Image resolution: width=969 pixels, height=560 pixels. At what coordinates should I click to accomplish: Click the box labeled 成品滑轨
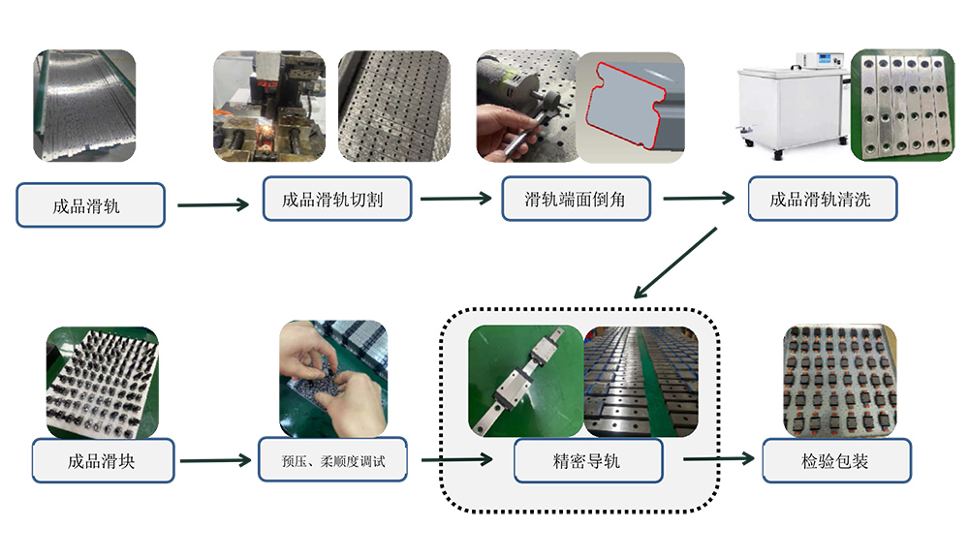[x=90, y=205]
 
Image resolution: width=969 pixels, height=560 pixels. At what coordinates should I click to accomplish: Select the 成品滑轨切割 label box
[x=337, y=199]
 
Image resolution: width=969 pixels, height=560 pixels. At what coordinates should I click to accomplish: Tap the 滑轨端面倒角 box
[x=576, y=199]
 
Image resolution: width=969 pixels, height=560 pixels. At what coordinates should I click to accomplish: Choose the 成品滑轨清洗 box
[x=823, y=199]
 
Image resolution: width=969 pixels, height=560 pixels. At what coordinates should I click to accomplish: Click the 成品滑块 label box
[x=104, y=460]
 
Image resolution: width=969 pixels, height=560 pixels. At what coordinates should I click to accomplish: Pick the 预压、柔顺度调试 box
[x=333, y=459]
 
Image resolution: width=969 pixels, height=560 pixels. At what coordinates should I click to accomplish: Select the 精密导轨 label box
[x=588, y=460]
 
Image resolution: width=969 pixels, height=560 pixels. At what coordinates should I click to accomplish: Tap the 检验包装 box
[x=837, y=460]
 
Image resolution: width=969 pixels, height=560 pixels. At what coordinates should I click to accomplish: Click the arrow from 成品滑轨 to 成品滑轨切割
[x=213, y=204]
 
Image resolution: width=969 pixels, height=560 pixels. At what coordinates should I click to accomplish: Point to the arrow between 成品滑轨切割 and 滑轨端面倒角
[x=456, y=199]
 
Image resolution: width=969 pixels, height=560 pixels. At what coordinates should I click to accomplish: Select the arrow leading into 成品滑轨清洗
[x=699, y=199]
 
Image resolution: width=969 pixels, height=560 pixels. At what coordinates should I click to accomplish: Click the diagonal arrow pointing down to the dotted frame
[x=675, y=264]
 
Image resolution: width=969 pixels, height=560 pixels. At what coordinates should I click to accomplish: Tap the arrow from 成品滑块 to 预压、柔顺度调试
[x=216, y=460]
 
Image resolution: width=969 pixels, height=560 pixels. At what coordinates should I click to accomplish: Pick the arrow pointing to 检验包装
[x=719, y=458]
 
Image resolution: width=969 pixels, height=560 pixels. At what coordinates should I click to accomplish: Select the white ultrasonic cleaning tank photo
[x=794, y=106]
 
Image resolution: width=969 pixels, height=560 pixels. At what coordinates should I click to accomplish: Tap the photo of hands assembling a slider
[x=333, y=379]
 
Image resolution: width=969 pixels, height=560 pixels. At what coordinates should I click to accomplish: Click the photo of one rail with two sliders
[x=526, y=382]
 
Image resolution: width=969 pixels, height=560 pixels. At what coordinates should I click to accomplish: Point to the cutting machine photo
[x=269, y=107]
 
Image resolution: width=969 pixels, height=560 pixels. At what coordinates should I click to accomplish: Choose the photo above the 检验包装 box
[x=840, y=381]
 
